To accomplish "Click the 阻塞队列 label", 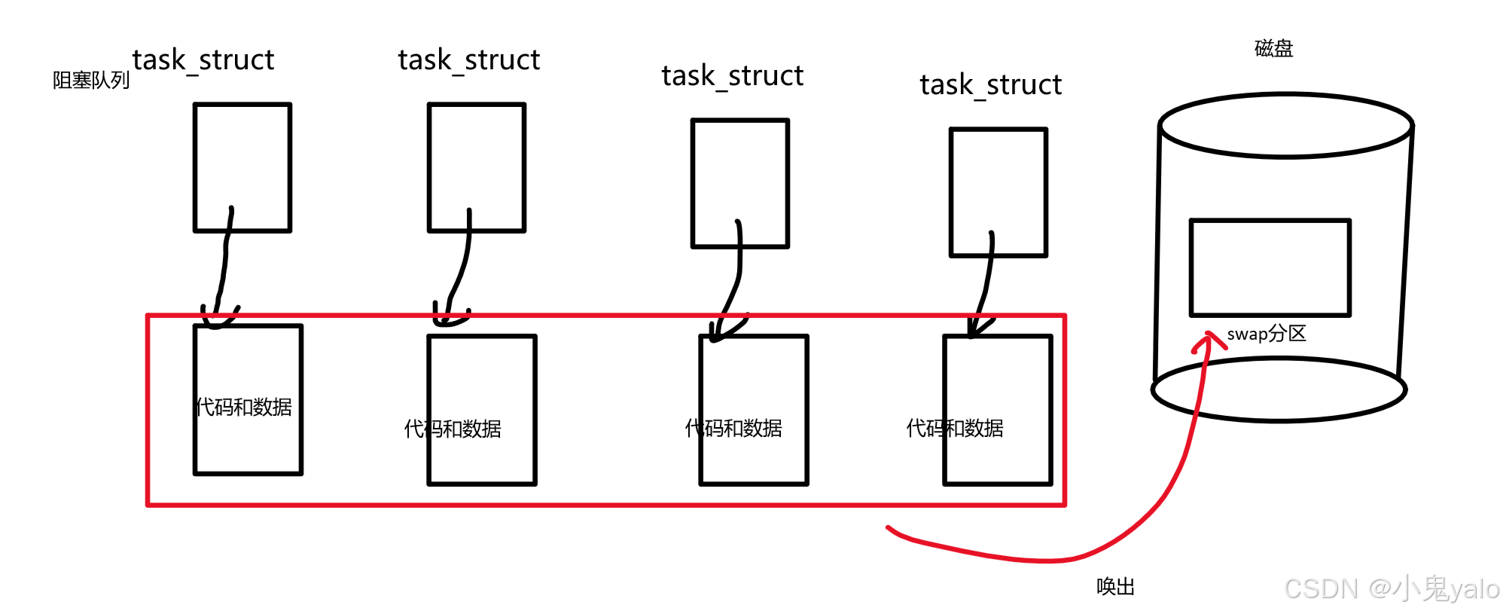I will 90,80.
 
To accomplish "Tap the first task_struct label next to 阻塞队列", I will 203,60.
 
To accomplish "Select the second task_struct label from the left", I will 468,60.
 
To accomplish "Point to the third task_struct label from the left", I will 732,76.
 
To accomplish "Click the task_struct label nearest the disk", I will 990,85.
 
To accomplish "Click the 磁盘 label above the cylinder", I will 1273,49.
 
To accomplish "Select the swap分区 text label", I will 1267,334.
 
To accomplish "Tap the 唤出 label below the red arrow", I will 1115,587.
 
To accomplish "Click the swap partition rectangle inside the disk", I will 1270,267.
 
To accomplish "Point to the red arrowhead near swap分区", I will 1208,340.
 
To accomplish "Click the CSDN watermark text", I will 1392,588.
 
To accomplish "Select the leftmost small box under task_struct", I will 242,167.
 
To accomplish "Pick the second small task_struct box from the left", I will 477,167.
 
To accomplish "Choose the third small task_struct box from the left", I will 740,183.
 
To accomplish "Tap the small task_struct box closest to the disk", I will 998,192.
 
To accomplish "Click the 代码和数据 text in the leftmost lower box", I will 244,408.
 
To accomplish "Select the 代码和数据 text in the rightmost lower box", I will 955,429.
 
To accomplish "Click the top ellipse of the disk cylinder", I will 1285,126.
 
